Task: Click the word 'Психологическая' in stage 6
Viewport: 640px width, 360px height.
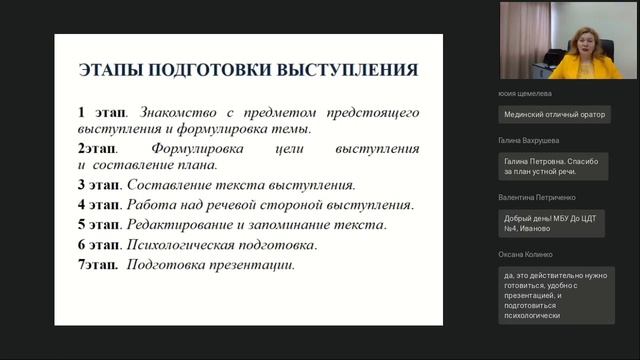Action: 187,245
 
